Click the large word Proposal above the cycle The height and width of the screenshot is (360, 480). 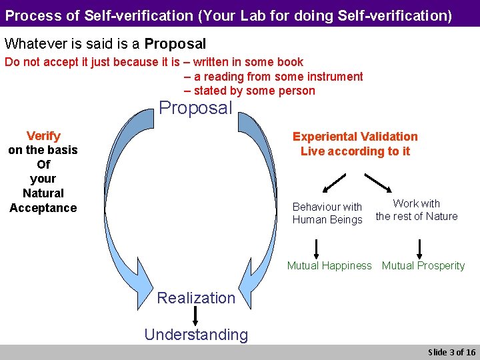(195, 108)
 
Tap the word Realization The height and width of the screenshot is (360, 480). (196, 298)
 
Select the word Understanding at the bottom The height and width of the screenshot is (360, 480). (196, 335)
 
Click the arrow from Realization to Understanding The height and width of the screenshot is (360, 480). (196, 316)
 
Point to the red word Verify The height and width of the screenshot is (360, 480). (43, 136)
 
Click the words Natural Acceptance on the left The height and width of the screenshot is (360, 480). (43, 201)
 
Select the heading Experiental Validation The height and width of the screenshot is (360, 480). (355, 137)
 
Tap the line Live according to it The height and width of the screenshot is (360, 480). (355, 151)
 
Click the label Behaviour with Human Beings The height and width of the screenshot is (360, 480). (327, 213)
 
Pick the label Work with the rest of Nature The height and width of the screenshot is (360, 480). (417, 210)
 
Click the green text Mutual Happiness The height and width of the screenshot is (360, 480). (329, 265)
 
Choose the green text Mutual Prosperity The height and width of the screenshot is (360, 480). (423, 265)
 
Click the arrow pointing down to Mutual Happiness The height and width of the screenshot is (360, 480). (316, 248)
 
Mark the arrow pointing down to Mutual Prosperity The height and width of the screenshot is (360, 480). (419, 248)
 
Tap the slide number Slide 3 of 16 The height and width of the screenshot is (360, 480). (451, 352)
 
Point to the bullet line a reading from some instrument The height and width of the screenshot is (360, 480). (273, 77)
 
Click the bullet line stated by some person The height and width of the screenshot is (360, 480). (249, 91)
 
